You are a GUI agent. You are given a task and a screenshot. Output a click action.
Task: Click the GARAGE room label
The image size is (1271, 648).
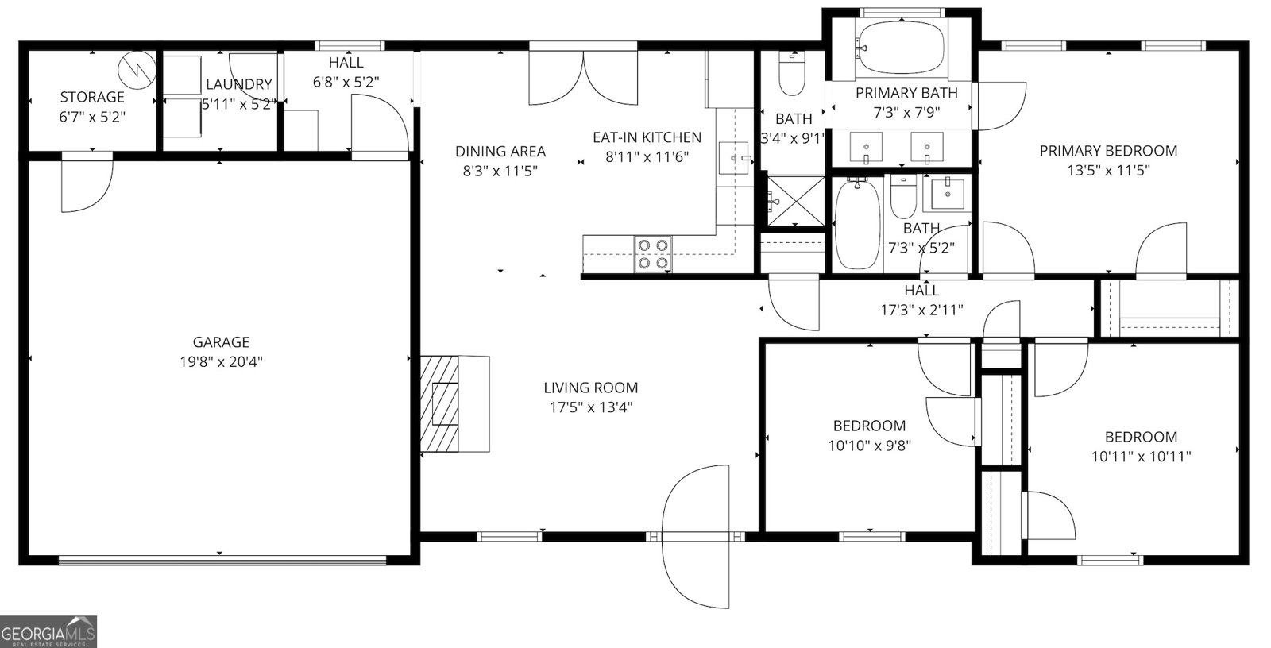coord(221,342)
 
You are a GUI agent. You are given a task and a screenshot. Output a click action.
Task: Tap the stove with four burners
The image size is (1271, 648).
coord(653,254)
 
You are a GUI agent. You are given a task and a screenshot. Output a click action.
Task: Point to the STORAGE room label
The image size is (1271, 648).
coord(92,97)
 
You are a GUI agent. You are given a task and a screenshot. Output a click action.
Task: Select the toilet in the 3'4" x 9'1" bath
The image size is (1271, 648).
coord(791,73)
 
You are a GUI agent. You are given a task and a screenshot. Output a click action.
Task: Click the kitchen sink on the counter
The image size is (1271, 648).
coord(732,158)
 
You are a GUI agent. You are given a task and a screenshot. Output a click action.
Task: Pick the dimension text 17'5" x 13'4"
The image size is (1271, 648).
coord(590,407)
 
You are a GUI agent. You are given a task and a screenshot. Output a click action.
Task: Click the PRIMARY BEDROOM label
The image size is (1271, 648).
coord(1108,151)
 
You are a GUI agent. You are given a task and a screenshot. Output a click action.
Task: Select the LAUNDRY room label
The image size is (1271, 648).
coord(238,84)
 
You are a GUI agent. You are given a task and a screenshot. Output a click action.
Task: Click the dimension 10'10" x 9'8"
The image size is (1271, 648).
coord(869,445)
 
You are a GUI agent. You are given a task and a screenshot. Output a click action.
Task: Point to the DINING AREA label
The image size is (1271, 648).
coord(500,151)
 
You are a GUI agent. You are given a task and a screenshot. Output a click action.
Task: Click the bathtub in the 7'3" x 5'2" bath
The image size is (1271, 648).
coord(858,224)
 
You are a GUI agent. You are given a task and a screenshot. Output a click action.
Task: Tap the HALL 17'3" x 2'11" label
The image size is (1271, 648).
coord(921,300)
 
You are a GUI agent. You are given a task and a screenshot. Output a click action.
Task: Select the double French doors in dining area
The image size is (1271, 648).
coord(584,77)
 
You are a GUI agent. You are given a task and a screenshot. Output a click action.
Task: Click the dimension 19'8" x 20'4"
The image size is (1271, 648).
coord(221,362)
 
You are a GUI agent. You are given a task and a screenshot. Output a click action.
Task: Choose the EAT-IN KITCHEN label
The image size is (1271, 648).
coord(647,137)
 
